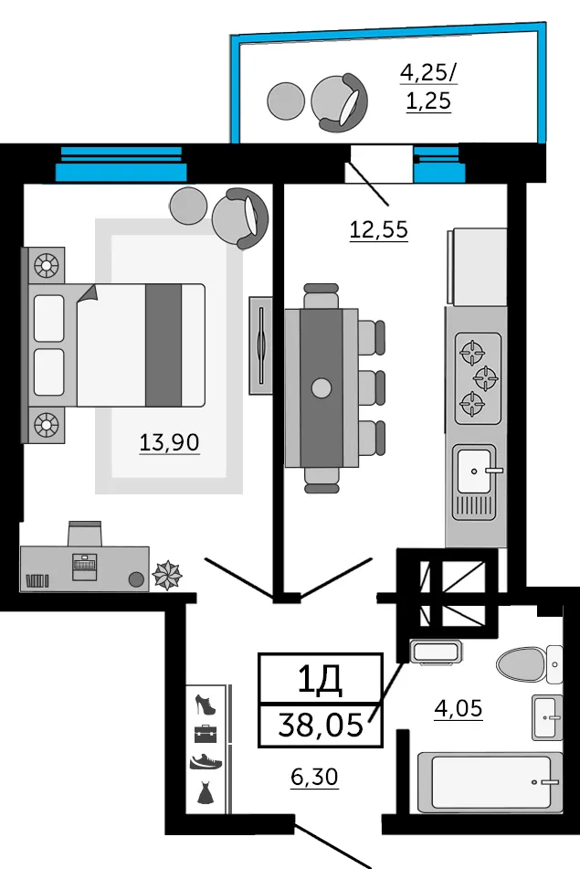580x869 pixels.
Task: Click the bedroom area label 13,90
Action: [169, 443]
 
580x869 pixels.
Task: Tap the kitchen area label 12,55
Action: [378, 229]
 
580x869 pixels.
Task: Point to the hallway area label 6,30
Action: [314, 777]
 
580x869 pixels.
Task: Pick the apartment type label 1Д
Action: [320, 678]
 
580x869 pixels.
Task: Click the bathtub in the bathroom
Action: [489, 782]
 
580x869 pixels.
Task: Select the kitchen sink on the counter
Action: [475, 471]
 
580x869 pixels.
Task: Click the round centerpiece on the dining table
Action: [321, 387]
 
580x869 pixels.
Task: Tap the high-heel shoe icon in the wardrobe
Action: [205, 705]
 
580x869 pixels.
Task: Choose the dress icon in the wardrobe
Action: [205, 790]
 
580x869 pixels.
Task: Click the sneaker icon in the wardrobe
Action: [205, 760]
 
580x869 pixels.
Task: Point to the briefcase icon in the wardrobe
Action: [205, 732]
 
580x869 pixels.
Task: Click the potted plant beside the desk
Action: [166, 575]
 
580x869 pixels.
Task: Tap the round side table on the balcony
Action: [285, 101]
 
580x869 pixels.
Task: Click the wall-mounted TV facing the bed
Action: [261, 346]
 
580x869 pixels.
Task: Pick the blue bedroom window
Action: [121, 164]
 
